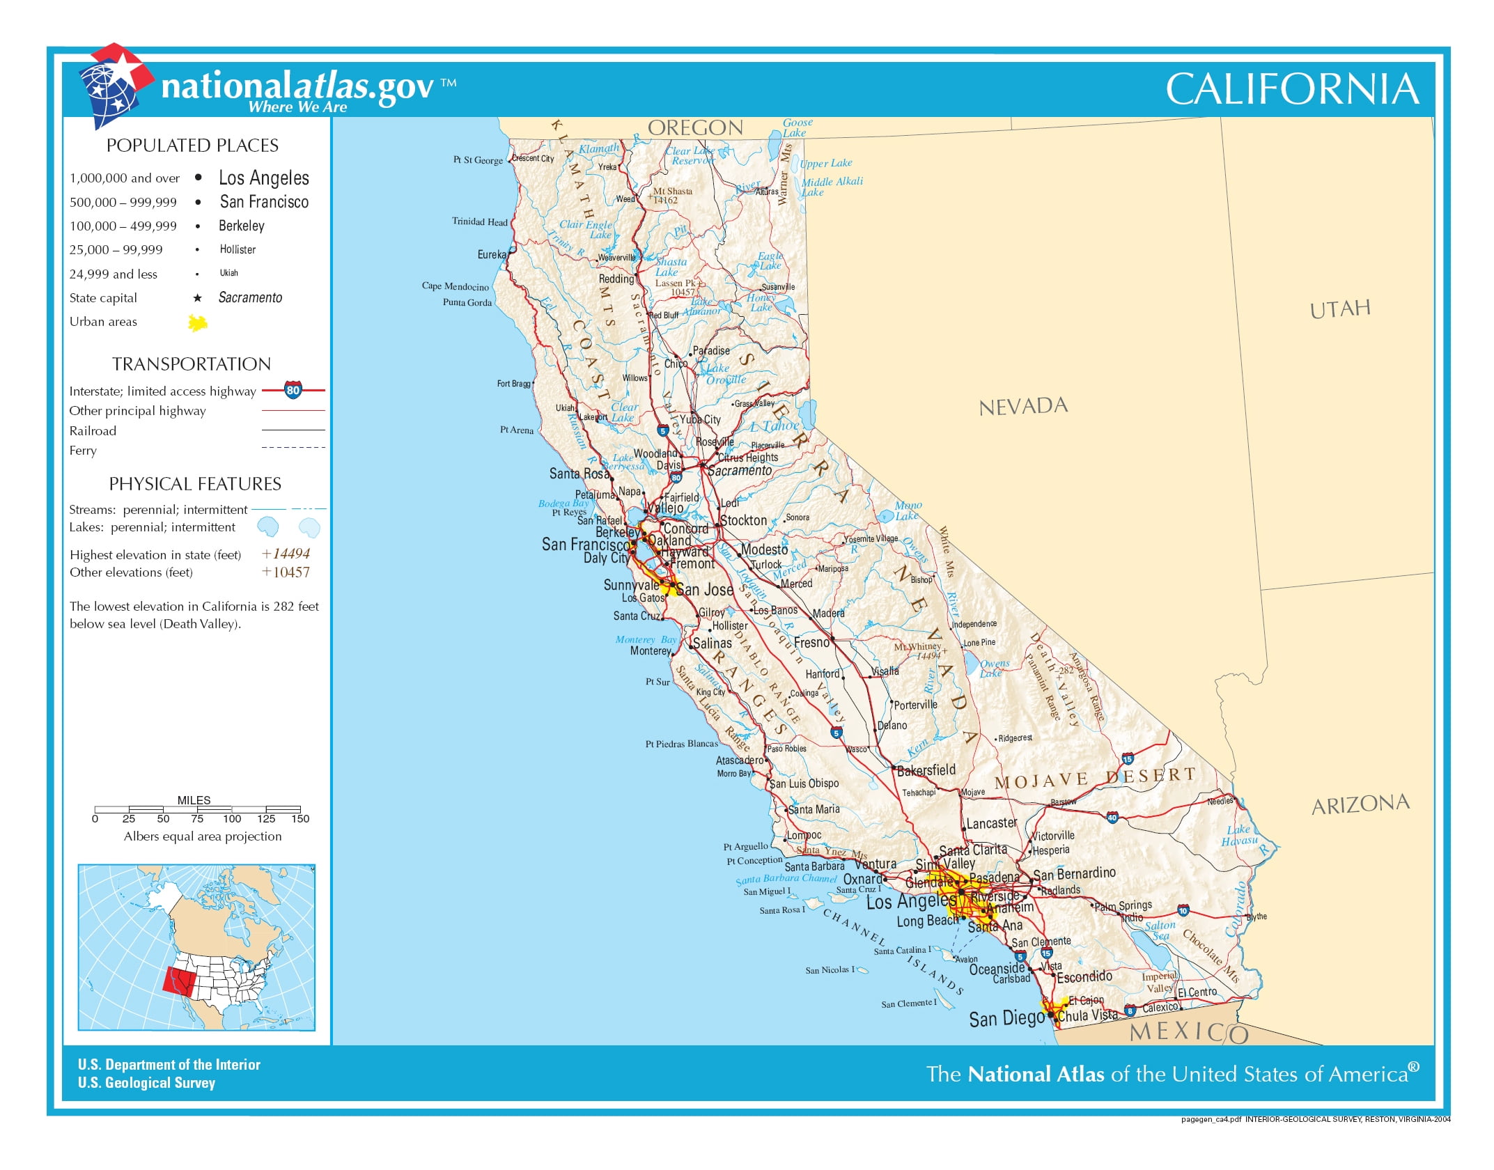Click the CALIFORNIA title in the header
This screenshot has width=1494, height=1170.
tap(1292, 89)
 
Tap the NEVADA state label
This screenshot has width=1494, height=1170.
tap(1022, 407)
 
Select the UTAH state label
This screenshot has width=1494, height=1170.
tap(1339, 309)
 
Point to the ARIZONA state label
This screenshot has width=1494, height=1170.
tap(1360, 805)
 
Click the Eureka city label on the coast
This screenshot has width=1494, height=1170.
tap(491, 255)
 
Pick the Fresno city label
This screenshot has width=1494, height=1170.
tap(811, 642)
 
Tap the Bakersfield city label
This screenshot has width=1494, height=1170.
tap(926, 770)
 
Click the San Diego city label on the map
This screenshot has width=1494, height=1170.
tap(1006, 1019)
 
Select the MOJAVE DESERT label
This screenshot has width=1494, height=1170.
tap(1094, 779)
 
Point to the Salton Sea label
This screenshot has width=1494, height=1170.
tap(1160, 930)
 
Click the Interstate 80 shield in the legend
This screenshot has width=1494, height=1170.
tap(293, 390)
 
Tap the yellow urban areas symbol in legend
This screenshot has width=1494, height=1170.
tap(198, 322)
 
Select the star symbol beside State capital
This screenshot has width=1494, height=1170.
tap(198, 298)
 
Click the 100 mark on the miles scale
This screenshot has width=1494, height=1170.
tap(232, 818)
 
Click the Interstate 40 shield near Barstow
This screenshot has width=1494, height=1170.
tap(1112, 817)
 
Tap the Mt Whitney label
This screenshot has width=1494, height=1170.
tap(917, 647)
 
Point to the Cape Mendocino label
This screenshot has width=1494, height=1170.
tap(455, 286)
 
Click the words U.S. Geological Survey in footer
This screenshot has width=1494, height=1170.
tap(146, 1083)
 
